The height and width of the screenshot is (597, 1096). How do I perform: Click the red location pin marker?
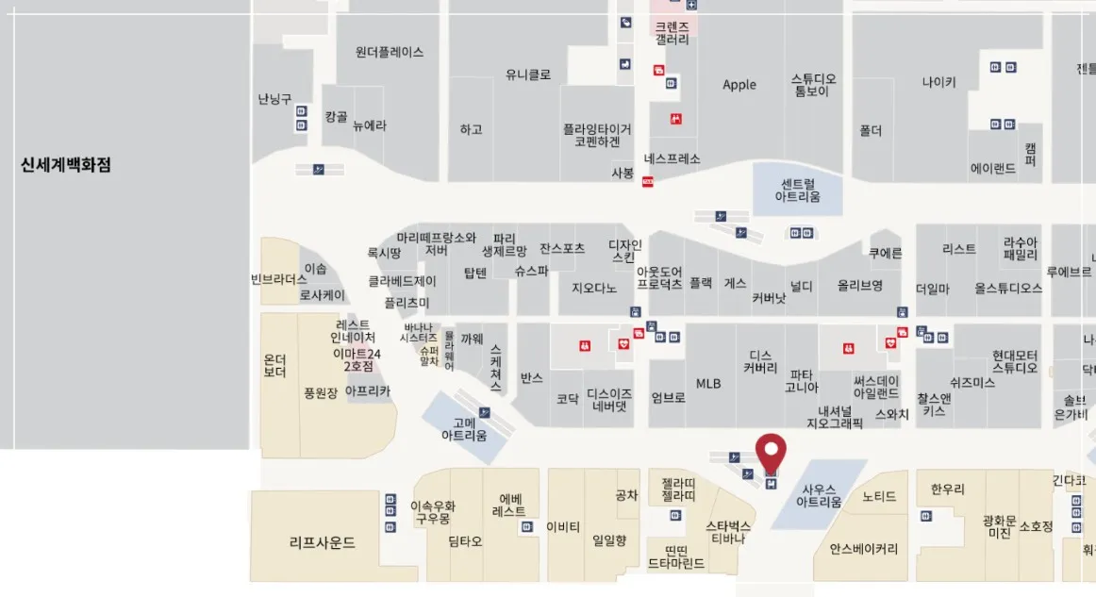tap(772, 451)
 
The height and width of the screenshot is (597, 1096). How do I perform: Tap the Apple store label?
tap(739, 85)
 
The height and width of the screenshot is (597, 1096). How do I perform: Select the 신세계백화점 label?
tap(66, 164)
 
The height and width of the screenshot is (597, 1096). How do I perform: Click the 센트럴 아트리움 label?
tap(797, 190)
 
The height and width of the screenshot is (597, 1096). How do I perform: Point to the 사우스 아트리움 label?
tap(820, 496)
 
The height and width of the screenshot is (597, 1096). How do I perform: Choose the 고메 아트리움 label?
tap(464, 429)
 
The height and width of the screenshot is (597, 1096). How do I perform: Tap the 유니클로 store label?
tap(528, 75)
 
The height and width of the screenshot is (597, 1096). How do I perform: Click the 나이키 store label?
tap(938, 82)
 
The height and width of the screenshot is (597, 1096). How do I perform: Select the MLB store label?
tap(708, 384)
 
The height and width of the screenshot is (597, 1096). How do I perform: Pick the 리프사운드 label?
tap(323, 542)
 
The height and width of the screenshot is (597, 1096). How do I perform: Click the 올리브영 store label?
tap(860, 285)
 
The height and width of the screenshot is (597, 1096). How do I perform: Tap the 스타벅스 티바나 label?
tap(728, 532)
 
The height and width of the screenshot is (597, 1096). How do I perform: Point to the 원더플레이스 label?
tap(390, 53)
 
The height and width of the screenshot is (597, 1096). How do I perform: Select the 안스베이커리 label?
tap(864, 549)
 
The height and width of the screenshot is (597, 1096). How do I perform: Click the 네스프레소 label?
tap(673, 158)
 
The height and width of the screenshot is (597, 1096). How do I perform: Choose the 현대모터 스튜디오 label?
tap(1015, 361)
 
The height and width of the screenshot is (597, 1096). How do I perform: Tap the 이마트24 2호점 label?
tap(357, 360)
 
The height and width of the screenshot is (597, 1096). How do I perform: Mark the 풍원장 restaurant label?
tap(321, 393)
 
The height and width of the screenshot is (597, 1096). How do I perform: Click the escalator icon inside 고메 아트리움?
tap(485, 412)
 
